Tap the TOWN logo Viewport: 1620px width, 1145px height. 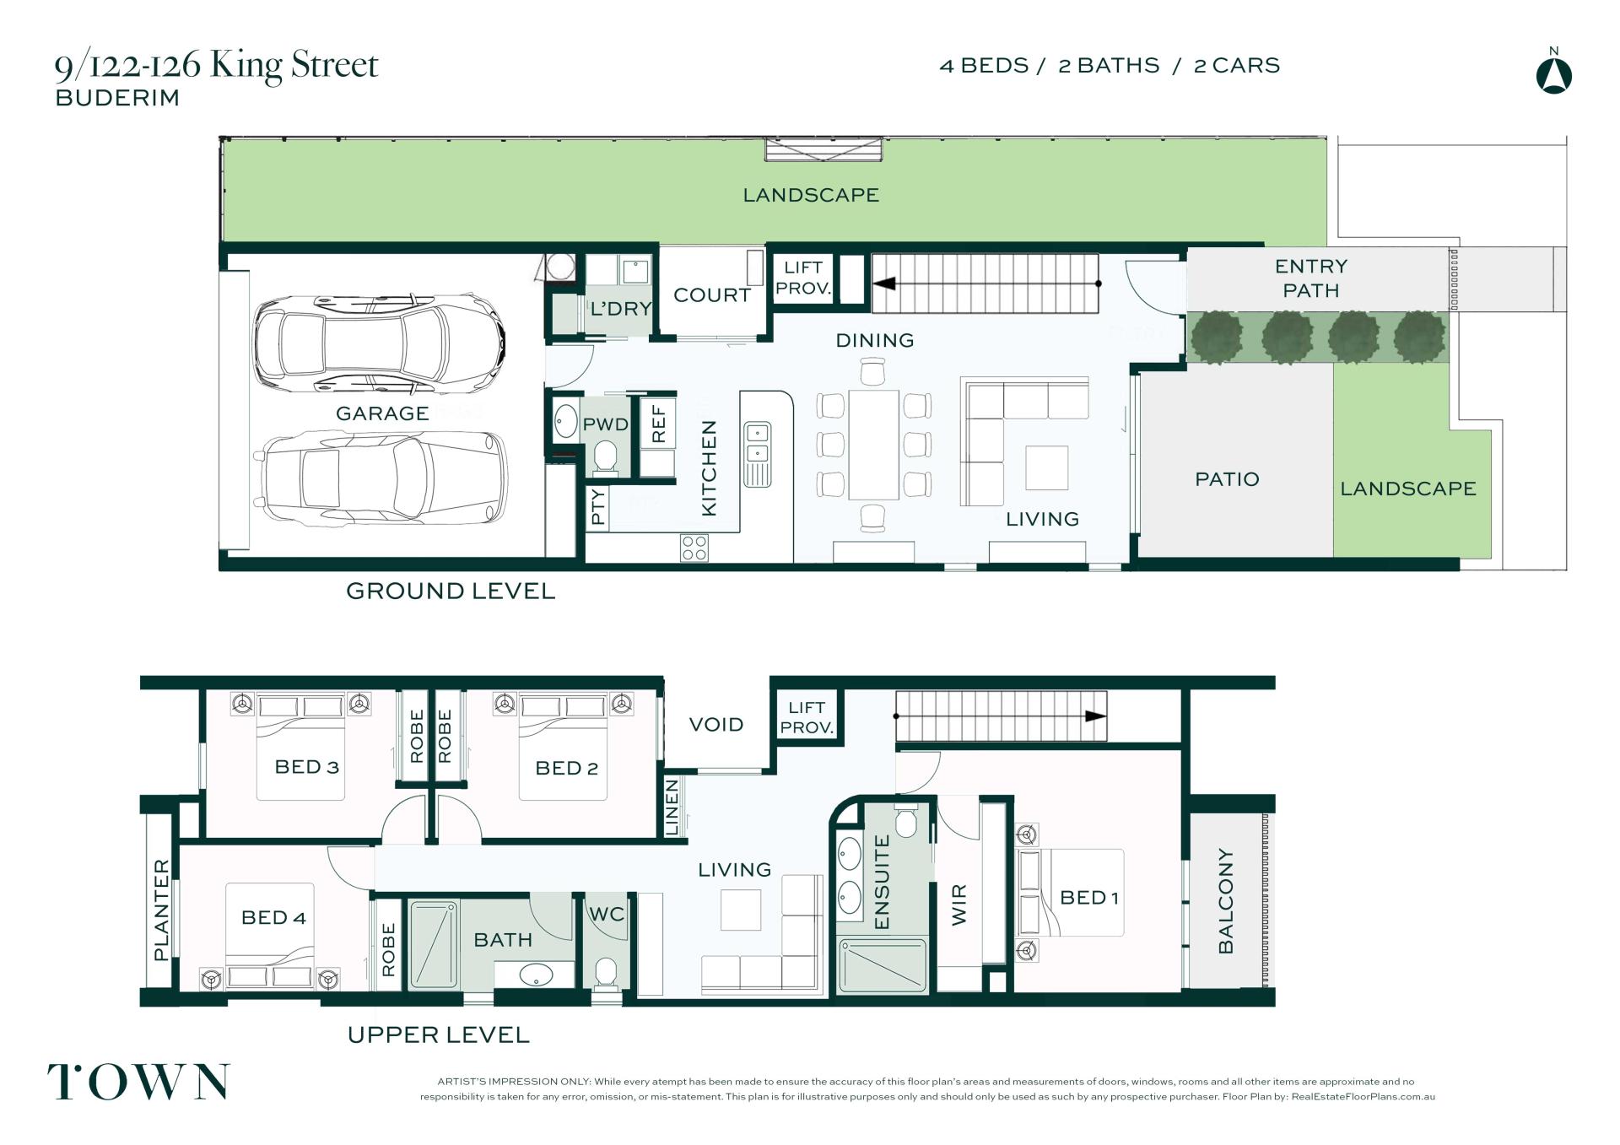click(138, 1082)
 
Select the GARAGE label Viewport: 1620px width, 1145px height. click(382, 413)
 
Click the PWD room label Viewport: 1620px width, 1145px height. click(606, 424)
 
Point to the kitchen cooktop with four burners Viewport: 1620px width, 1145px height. click(694, 548)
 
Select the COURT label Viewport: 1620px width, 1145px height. click(712, 295)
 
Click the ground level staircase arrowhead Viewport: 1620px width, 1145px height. click(883, 284)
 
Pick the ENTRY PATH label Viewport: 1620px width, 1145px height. click(1311, 278)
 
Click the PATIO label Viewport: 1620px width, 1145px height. click(1227, 479)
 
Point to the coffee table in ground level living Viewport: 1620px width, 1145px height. click(1047, 467)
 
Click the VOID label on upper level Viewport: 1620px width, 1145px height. click(716, 725)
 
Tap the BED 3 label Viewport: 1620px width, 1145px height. click(307, 767)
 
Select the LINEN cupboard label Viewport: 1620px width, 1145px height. click(672, 807)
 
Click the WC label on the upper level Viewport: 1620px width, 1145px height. click(607, 914)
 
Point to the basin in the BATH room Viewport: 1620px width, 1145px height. click(536, 976)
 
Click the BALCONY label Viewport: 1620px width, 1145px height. click(1226, 901)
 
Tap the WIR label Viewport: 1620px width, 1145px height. click(959, 905)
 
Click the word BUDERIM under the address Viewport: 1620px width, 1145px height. click(117, 98)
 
